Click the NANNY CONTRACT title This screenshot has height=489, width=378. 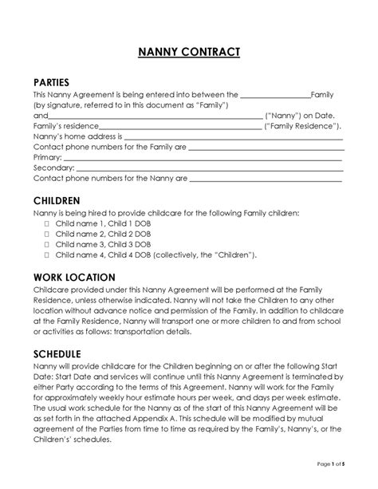tap(188, 53)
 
